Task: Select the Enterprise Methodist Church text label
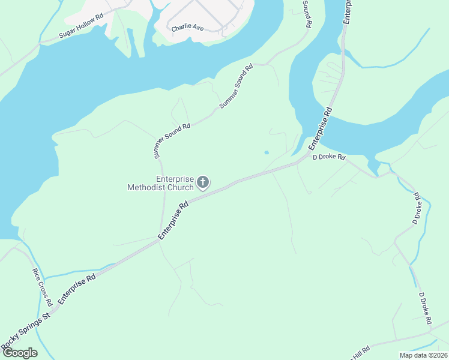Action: [161, 183]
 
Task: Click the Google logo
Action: [19, 353]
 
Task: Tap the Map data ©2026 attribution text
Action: [423, 355]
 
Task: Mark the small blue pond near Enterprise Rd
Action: [267, 152]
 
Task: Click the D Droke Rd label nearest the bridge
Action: [330, 157]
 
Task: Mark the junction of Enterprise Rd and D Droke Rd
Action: [300, 164]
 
